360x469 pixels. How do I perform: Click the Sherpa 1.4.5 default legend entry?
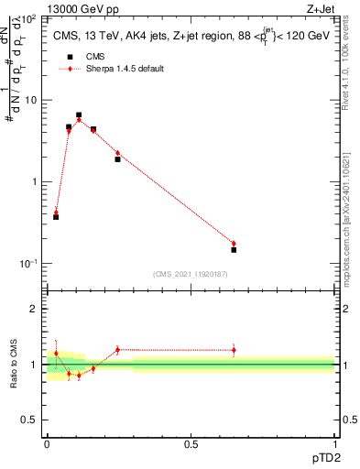125,69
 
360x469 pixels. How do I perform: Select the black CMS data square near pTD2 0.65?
234,249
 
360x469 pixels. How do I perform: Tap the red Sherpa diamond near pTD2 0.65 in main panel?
234,243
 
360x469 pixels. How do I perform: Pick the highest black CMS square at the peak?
79,115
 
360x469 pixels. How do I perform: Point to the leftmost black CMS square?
56,216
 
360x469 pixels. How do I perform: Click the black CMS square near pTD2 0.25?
117,159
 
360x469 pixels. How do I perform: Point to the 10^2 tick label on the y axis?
30,18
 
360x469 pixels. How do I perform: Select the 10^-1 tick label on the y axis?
30,263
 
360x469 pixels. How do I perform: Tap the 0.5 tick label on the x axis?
191,445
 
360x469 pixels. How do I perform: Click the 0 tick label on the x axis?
47,445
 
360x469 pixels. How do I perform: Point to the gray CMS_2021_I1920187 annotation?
190,273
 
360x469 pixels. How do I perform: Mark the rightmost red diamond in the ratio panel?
234,350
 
